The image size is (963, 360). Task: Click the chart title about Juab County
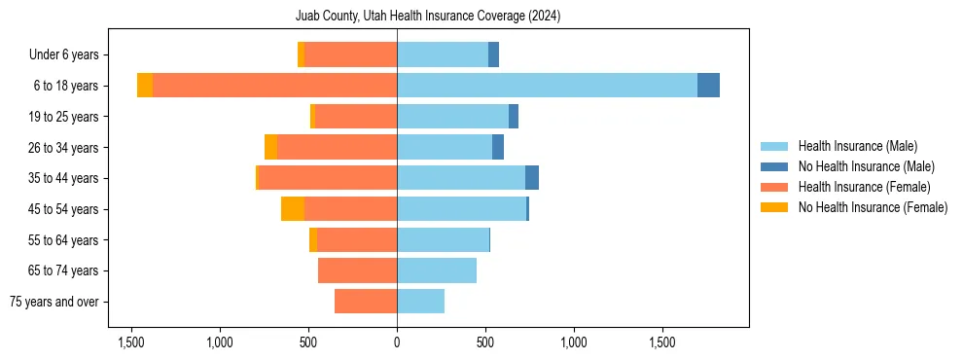[428, 17]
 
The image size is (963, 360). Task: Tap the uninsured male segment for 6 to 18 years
[708, 86]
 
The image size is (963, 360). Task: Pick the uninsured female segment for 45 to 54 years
[293, 209]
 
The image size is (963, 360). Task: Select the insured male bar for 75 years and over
[420, 302]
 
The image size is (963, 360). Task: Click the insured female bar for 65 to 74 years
[357, 270]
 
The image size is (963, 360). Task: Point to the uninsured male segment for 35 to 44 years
[532, 178]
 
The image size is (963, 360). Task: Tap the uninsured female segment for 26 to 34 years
[270, 147]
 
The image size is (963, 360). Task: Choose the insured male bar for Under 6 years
[443, 54]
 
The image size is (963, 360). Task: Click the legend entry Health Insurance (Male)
[857, 146]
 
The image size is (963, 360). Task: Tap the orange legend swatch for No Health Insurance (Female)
[775, 207]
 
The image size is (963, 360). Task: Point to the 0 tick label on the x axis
[397, 343]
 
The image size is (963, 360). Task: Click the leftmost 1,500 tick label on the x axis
[131, 343]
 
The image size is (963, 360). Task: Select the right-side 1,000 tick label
[574, 343]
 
